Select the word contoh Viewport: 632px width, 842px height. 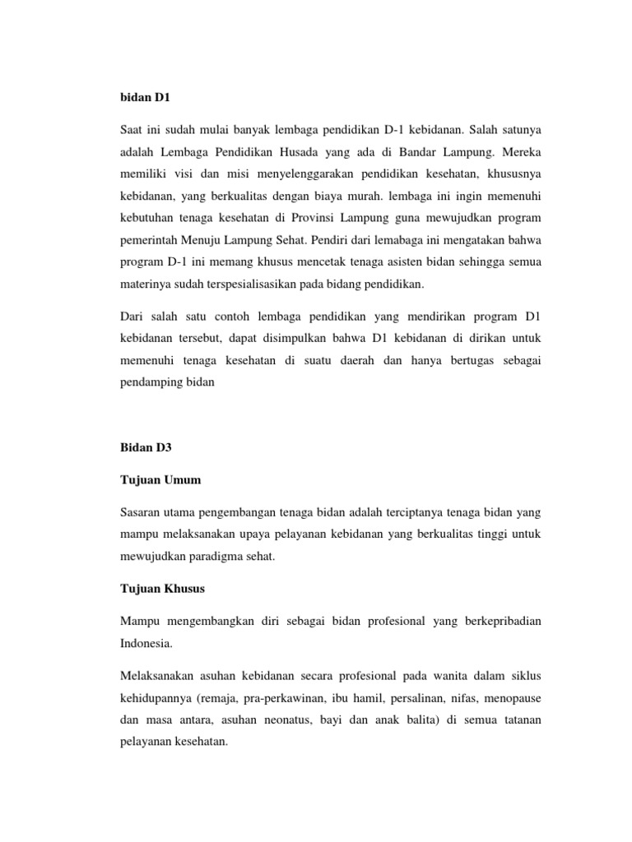click(229, 317)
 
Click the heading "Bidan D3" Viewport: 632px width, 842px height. click(145, 448)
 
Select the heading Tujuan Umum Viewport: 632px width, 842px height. click(160, 480)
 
